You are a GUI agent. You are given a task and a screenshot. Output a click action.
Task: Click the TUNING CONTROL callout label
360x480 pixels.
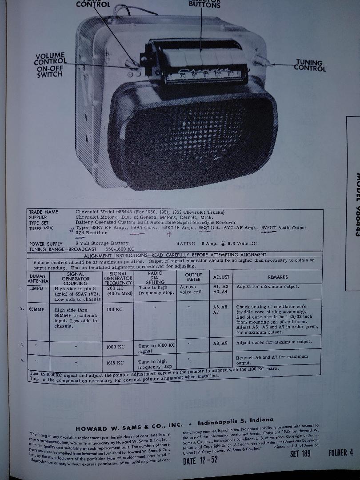pos(310,66)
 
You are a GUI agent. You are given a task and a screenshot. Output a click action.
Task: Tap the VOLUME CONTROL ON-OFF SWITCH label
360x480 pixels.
pos(50,65)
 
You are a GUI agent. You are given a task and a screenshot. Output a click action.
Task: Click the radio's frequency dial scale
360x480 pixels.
pos(200,75)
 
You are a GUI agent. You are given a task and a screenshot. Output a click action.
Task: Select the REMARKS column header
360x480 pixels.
pos(277,277)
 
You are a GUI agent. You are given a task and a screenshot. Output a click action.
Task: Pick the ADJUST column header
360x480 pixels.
pos(221,277)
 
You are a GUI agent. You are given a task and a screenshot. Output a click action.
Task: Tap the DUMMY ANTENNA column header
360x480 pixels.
pos(38,279)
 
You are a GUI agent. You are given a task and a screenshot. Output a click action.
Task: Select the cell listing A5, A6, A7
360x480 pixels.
pos(221,309)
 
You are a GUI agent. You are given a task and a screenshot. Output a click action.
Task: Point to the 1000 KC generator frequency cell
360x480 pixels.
pos(115,347)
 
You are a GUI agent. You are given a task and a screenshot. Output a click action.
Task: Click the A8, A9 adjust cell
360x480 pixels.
pos(220,343)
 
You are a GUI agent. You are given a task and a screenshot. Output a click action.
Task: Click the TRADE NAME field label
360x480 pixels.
pos(44,212)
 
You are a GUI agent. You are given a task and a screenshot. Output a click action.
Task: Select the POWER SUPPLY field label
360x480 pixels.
pos(46,244)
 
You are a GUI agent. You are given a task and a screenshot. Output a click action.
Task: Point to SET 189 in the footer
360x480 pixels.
pos(300,453)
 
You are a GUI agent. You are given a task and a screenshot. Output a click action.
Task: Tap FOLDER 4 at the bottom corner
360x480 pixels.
pos(341,452)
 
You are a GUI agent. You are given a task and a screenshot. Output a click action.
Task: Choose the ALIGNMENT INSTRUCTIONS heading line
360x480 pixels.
pos(176,255)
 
